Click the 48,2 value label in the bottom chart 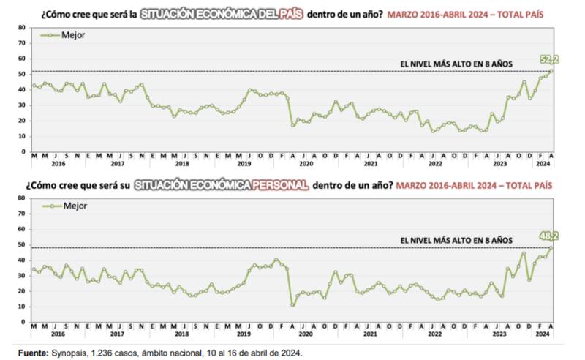(x=549, y=236)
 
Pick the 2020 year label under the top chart (x=305, y=164)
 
